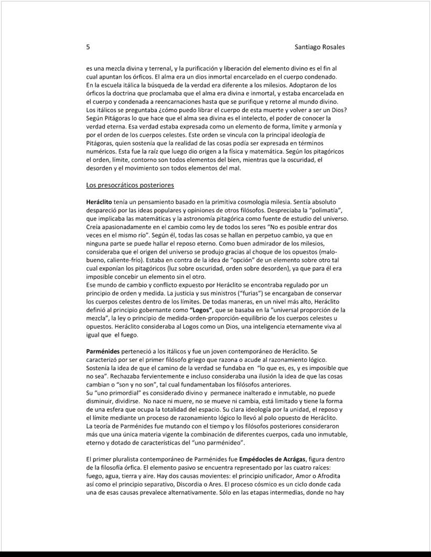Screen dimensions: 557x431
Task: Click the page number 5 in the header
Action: tap(88, 47)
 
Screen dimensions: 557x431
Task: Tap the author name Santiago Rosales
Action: tap(320, 47)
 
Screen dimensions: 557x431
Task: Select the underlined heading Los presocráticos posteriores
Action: tap(130, 185)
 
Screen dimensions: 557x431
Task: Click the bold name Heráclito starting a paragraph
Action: tap(99, 201)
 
